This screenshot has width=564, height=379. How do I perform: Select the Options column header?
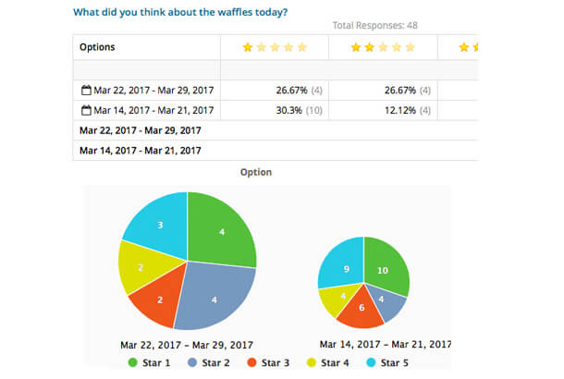[x=97, y=46]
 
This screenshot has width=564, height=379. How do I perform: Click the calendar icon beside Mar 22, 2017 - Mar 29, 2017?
[x=86, y=91]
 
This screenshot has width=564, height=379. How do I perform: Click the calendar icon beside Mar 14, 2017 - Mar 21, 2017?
[x=86, y=110]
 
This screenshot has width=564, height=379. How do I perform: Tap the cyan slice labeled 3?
[x=159, y=225]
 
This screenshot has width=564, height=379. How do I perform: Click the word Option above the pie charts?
[x=255, y=172]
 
